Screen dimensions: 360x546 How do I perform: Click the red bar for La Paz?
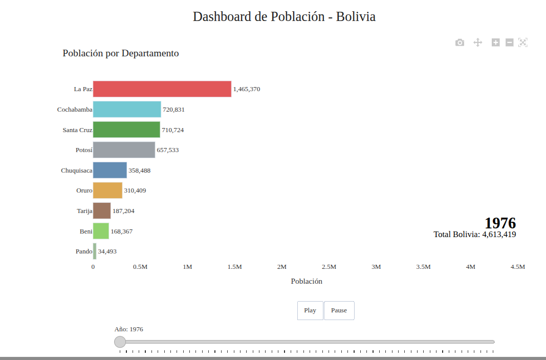pyautogui.click(x=162, y=89)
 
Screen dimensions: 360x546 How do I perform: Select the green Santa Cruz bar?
pyautogui.click(x=126, y=130)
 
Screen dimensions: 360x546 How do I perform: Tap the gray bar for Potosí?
pyautogui.click(x=124, y=150)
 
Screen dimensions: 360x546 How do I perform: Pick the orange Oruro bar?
pyautogui.click(x=107, y=190)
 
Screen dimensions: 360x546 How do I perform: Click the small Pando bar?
pyautogui.click(x=95, y=251)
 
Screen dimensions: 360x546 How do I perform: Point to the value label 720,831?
pyautogui.click(x=173, y=110)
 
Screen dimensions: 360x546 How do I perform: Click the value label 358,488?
pyautogui.click(x=139, y=171)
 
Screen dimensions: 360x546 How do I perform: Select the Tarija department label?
pyautogui.click(x=84, y=211)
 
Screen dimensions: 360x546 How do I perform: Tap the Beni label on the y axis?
pyautogui.click(x=86, y=231)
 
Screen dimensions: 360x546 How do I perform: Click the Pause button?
pyautogui.click(x=339, y=310)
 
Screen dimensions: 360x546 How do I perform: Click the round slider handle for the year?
pyautogui.click(x=120, y=342)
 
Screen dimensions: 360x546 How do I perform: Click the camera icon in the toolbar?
pyautogui.click(x=460, y=43)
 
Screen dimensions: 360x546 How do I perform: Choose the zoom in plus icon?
pyautogui.click(x=495, y=43)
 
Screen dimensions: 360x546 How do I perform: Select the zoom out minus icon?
pyautogui.click(x=509, y=43)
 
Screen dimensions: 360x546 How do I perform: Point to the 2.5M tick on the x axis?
pyautogui.click(x=329, y=267)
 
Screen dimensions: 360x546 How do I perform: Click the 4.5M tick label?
pyautogui.click(x=517, y=267)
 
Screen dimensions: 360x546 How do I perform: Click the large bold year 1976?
pyautogui.click(x=500, y=223)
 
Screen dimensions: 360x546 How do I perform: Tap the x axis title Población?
pyautogui.click(x=307, y=281)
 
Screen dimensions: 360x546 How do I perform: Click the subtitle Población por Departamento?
pyautogui.click(x=121, y=53)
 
